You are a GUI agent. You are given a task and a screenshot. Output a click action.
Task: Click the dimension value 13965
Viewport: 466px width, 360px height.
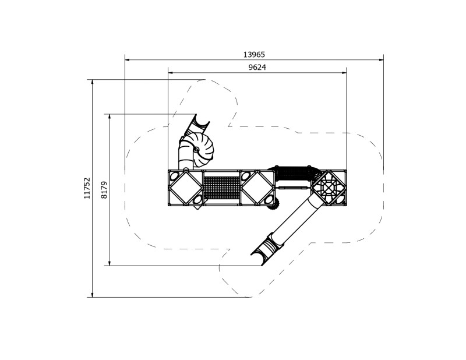[x=254, y=54]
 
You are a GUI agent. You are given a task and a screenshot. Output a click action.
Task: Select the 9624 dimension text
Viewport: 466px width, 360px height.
[x=257, y=68]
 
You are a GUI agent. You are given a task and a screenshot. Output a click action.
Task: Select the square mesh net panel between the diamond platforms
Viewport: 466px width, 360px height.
[x=221, y=188]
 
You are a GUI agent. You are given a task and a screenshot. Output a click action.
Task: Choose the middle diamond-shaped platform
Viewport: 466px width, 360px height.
[x=257, y=188]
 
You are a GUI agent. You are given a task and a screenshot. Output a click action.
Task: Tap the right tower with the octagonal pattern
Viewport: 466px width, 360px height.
[x=329, y=188]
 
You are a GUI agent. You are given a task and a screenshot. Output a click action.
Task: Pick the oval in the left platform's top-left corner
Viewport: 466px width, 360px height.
[x=174, y=175]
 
